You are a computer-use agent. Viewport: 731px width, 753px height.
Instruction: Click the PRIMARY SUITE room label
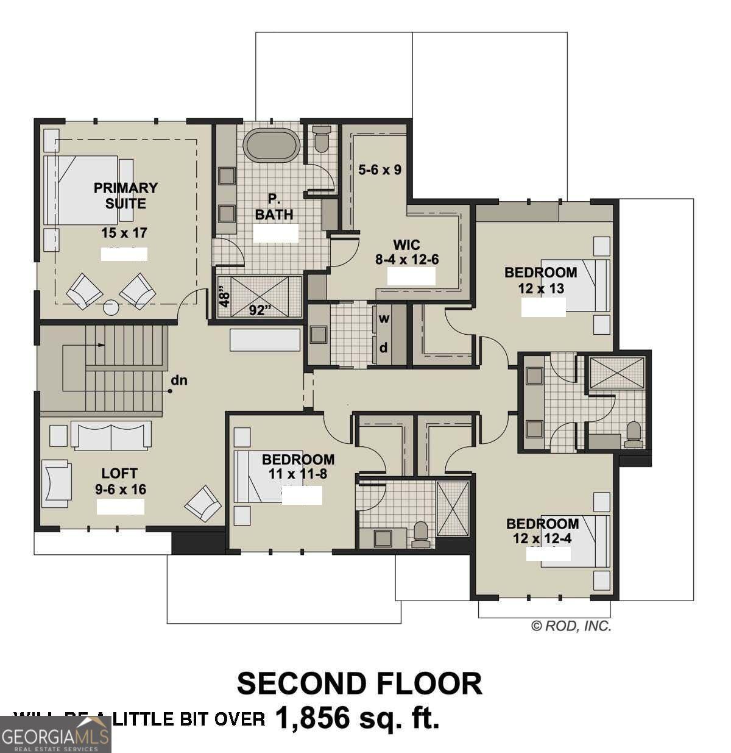click(125, 196)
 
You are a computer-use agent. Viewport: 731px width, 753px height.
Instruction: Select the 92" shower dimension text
click(260, 310)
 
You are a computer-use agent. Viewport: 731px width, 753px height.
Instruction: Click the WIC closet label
click(406, 245)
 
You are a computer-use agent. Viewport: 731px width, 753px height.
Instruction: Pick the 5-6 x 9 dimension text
click(380, 170)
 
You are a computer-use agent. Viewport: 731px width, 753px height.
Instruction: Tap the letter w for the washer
click(384, 318)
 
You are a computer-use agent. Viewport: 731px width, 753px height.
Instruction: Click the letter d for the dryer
click(384, 348)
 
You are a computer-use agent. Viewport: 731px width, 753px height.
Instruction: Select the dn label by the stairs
click(178, 380)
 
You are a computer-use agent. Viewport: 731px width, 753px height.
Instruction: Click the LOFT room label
click(119, 473)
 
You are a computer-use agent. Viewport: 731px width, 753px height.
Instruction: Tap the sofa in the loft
click(111, 435)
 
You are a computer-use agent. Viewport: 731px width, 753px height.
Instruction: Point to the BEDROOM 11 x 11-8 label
click(298, 466)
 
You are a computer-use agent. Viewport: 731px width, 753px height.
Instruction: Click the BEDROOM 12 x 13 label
click(540, 280)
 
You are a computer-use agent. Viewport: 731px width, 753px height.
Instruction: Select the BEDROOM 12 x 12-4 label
click(542, 530)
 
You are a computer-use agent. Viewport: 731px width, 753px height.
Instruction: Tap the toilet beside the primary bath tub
click(321, 139)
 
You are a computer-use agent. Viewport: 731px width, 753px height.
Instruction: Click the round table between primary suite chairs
click(111, 308)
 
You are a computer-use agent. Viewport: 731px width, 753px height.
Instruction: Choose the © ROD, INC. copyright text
click(571, 626)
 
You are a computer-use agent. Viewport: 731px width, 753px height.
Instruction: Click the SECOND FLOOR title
click(359, 683)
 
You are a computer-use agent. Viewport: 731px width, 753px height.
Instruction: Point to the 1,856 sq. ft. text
click(358, 718)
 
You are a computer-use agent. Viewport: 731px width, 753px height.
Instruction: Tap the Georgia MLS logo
click(55, 734)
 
